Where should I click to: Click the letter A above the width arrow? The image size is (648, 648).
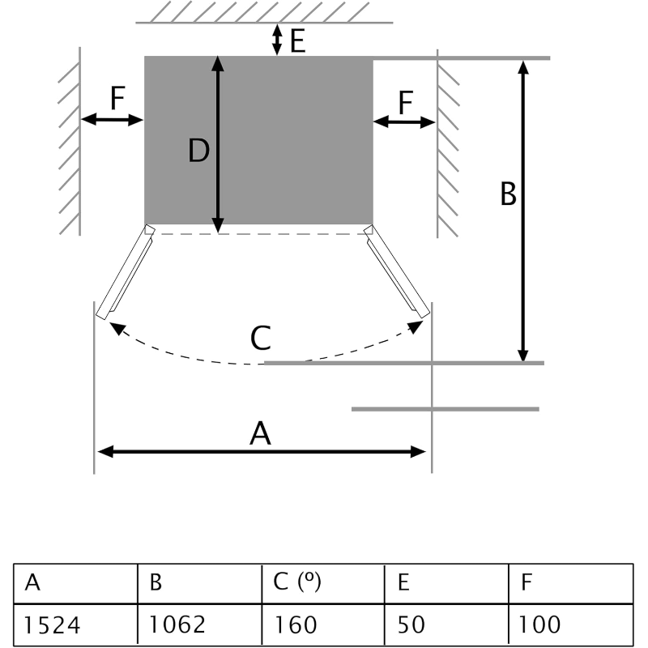click(259, 434)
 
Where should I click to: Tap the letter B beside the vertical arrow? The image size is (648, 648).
click(508, 194)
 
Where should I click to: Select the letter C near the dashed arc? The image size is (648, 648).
click(259, 338)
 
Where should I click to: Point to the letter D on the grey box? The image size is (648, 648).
click(199, 151)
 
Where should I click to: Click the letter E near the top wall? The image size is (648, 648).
click(298, 41)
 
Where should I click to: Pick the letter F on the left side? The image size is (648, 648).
click(117, 99)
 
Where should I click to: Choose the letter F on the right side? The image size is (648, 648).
click(405, 102)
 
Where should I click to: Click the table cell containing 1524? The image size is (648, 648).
click(75, 625)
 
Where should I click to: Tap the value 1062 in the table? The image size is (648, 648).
click(199, 625)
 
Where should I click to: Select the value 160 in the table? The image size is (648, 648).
click(322, 625)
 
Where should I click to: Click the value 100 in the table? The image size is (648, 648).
click(569, 625)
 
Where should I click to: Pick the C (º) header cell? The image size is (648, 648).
click(322, 582)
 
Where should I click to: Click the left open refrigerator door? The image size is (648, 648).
click(126, 273)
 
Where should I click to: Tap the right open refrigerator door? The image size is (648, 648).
click(396, 273)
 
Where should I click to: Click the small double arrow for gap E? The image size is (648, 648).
click(277, 39)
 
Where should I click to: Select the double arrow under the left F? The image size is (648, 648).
click(113, 120)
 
